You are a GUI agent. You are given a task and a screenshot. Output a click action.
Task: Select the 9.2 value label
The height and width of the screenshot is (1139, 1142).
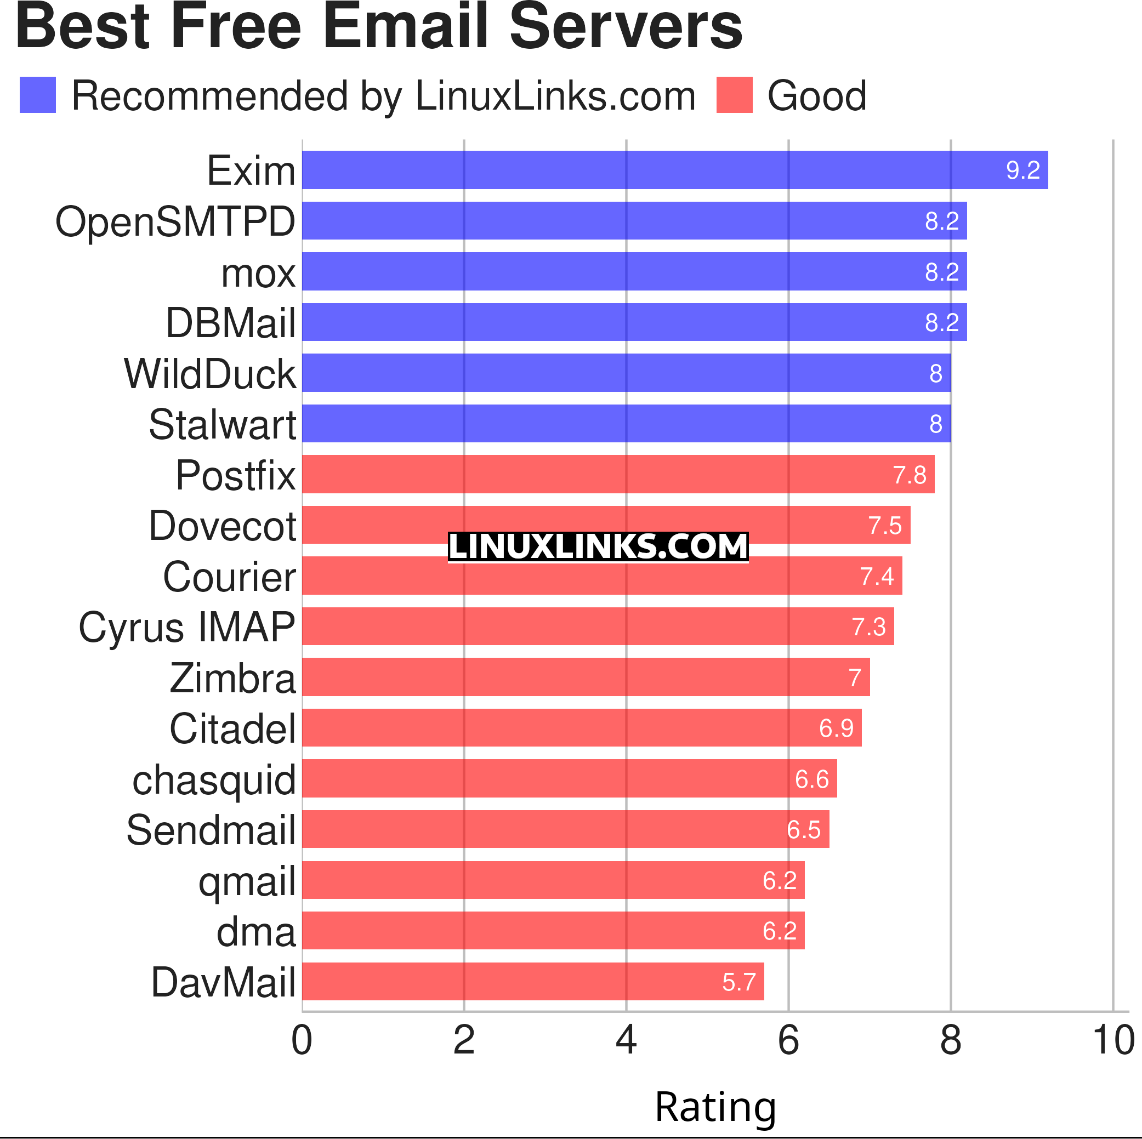coord(1022,170)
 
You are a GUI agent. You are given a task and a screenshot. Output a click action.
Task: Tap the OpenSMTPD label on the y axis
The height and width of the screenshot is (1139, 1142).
coord(175,221)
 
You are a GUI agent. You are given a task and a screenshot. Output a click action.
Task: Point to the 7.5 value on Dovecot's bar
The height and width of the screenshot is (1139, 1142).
coord(884,525)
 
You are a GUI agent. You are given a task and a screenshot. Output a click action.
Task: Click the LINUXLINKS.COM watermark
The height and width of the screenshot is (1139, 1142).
coord(598,546)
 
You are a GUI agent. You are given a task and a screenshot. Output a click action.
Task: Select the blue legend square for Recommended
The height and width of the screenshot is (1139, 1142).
coord(38,95)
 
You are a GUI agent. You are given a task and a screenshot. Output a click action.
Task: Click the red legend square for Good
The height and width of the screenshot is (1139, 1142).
coord(734,95)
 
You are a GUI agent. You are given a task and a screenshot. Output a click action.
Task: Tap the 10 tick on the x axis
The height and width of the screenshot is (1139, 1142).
coord(1112,1040)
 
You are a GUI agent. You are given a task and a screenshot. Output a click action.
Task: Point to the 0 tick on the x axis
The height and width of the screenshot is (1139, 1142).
coord(302,1040)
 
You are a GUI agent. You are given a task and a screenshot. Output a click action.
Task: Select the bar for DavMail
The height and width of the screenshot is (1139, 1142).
coord(532,981)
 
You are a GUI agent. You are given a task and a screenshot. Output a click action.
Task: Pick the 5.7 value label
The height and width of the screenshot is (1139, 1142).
coord(738,982)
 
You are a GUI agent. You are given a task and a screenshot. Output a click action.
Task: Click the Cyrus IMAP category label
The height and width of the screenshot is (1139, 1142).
coord(187,627)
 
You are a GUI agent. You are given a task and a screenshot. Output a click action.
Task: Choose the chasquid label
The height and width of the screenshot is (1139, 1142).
coord(213,779)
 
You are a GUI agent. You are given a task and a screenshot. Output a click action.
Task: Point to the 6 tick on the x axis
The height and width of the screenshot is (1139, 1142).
coord(788,1040)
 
